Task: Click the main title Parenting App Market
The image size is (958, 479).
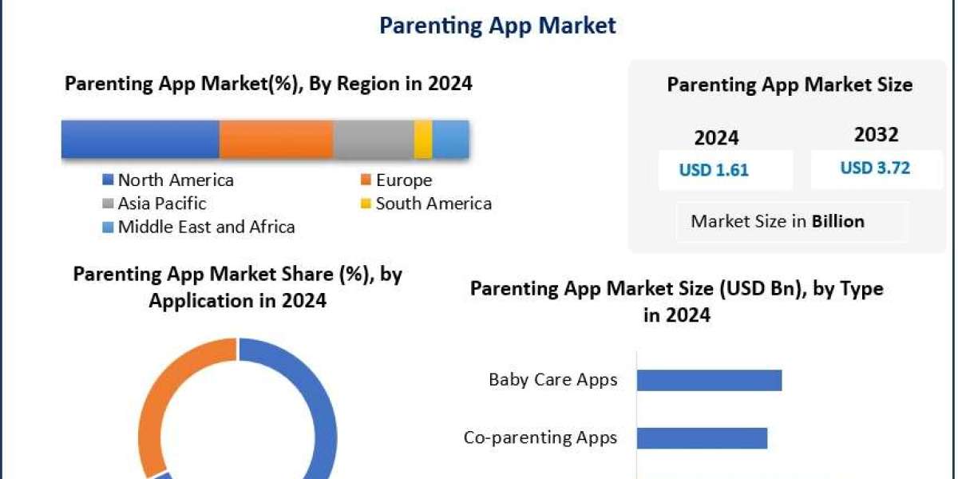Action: (497, 26)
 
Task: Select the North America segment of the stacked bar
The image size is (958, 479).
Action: (141, 140)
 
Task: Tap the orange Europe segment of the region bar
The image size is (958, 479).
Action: (276, 140)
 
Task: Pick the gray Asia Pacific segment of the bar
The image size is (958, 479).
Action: (374, 140)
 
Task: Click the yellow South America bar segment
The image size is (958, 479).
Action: (423, 140)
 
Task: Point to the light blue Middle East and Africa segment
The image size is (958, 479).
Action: (451, 140)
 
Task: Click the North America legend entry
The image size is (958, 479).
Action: (168, 180)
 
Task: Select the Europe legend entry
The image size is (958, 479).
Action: (397, 180)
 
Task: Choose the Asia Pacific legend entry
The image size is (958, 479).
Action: (154, 204)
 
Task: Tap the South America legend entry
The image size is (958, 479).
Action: (426, 204)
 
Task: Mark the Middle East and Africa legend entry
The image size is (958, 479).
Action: (199, 227)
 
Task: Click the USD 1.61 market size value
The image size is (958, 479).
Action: (714, 170)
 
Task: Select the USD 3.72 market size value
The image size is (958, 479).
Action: (875, 168)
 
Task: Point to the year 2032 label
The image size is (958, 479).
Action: (877, 135)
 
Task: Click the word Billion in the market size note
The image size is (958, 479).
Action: (838, 222)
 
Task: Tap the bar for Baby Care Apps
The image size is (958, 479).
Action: (709, 380)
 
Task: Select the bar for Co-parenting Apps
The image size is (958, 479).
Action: (702, 438)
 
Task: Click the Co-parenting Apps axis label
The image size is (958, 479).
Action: (540, 437)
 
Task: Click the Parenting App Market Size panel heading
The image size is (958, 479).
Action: (790, 85)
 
